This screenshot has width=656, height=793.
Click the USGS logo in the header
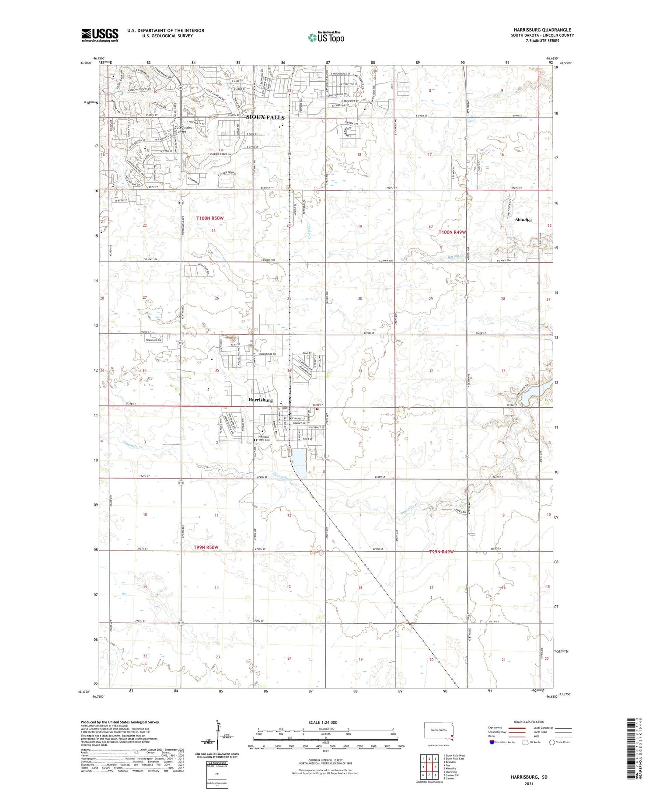coord(100,35)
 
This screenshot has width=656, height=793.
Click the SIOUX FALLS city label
coord(265,117)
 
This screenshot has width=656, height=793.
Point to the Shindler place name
coord(523,220)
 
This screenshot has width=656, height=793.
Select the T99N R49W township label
coord(442,552)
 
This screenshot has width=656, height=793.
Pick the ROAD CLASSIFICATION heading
coord(529,722)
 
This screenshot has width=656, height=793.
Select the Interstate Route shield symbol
coord(492,742)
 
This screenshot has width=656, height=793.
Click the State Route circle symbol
coord(552,742)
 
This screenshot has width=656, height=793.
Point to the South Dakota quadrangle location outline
coord(439,731)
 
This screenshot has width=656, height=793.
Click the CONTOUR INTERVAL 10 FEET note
coord(325,761)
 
